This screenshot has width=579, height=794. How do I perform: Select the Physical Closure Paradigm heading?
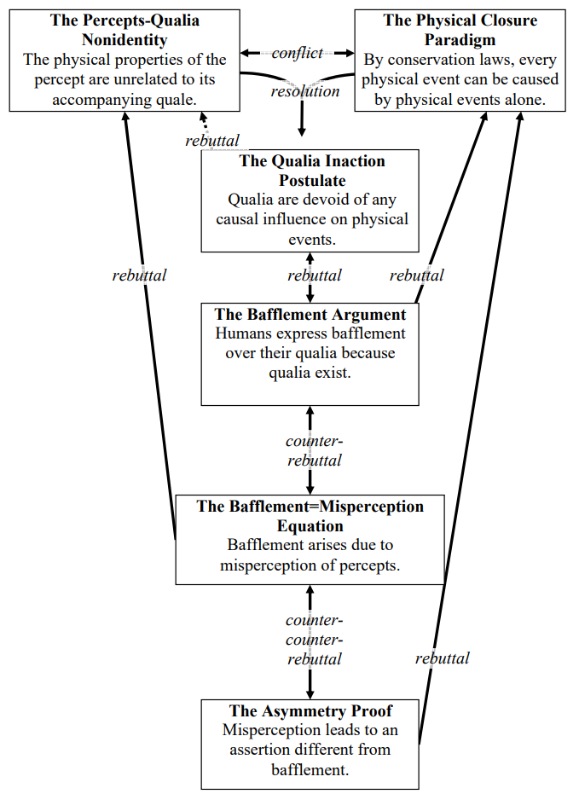click(x=460, y=29)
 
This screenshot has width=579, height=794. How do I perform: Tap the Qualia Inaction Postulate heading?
click(x=311, y=171)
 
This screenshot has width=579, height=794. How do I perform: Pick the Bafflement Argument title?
click(x=310, y=315)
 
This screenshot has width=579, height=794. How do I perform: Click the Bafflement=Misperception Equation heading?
click(x=310, y=516)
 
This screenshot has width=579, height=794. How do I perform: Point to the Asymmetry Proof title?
click(x=310, y=710)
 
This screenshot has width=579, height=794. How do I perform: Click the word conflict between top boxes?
click(x=298, y=53)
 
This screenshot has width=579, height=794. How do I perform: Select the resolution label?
click(x=305, y=90)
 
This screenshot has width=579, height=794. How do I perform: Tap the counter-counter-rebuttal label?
click(x=314, y=640)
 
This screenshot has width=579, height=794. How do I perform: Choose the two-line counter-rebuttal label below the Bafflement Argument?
click(x=314, y=450)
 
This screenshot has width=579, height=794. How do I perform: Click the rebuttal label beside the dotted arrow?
click(x=212, y=141)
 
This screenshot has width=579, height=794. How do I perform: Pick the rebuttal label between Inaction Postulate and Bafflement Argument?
click(x=315, y=275)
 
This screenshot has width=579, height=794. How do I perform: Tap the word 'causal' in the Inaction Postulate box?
click(x=241, y=219)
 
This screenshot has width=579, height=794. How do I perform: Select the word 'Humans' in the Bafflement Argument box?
click(x=241, y=334)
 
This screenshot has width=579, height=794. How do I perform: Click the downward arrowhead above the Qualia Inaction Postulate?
click(x=302, y=130)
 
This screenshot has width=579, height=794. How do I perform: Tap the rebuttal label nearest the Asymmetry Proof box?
click(x=442, y=658)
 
